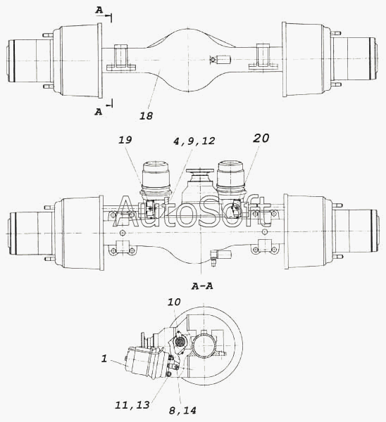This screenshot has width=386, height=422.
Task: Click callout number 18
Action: [x=146, y=116]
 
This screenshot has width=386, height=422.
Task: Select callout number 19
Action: [x=125, y=140]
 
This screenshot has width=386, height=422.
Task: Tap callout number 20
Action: [x=261, y=138]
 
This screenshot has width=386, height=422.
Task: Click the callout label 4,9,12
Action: [x=194, y=141]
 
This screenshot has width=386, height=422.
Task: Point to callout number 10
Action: [x=174, y=302]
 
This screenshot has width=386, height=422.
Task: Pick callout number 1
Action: [x=104, y=359]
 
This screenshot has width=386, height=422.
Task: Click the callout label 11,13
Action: [x=132, y=405]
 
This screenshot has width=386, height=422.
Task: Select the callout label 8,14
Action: [x=182, y=411]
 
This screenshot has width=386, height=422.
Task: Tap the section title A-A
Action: [x=202, y=286]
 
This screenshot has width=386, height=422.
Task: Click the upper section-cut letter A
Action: [x=99, y=11]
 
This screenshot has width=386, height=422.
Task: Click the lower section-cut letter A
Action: [x=99, y=111]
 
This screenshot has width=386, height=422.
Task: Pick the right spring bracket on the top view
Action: [x=263, y=58]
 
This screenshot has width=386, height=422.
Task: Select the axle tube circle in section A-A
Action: [x=204, y=345]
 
